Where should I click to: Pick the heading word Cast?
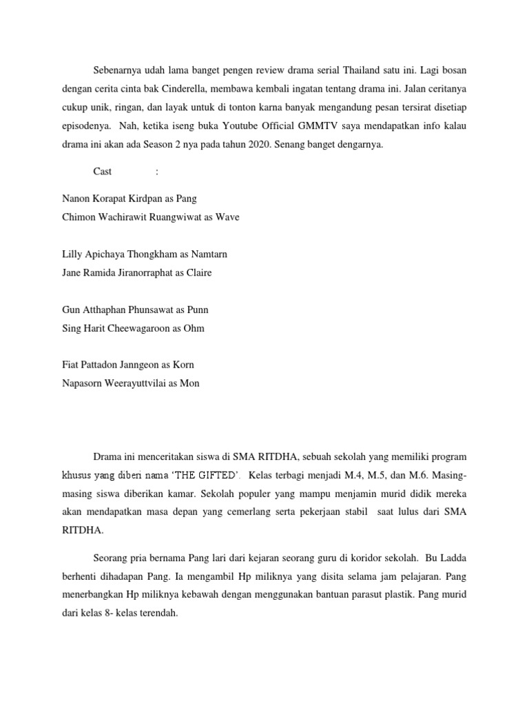tap(103, 171)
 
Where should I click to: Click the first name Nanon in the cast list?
tap(76, 198)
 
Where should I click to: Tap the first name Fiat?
tap(70, 365)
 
